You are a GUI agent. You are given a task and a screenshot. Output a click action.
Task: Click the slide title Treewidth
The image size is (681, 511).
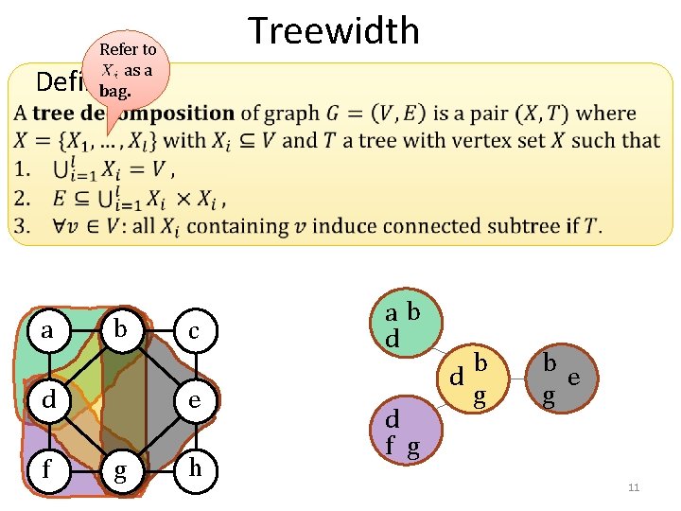333,31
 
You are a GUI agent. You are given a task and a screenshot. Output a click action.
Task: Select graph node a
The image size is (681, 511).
47,330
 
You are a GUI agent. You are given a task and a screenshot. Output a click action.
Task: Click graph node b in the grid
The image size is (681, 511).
120,330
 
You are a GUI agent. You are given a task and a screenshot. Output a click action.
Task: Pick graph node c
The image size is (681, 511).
193,330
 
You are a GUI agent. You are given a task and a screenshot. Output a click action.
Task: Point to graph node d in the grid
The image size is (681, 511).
47,400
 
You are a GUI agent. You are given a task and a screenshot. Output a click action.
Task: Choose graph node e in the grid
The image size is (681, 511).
193,400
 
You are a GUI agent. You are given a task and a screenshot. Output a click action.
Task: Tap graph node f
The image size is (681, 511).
47,469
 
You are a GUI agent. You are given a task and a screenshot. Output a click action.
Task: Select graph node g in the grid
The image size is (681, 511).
120,470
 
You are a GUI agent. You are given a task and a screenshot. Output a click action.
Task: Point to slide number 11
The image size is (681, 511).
634,487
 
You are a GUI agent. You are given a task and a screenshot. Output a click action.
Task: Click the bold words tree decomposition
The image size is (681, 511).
133,114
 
